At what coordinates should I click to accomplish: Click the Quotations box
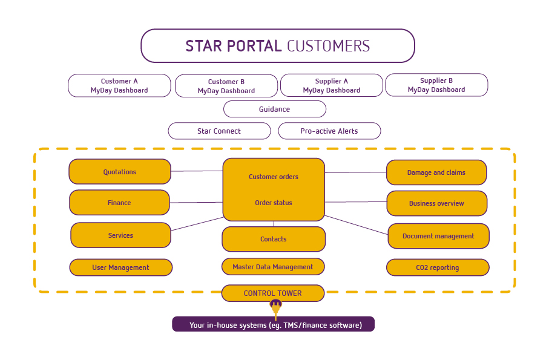pos(120,171)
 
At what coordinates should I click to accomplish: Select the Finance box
pos(119,203)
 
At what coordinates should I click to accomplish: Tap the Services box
pos(121,235)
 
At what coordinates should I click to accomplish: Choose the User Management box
pos(121,267)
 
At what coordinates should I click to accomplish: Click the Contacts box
pos(274,239)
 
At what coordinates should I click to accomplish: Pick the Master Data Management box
pos(273,267)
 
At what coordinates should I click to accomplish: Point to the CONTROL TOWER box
pos(273,293)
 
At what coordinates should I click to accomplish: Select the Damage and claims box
pos(436,172)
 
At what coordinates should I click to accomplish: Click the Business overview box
pos(436,203)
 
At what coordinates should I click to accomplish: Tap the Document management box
pos(438,236)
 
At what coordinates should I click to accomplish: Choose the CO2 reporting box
pos(438,267)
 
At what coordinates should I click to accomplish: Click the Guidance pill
pos(275,109)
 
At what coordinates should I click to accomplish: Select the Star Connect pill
pos(219,131)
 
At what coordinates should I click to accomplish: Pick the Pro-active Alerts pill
pos(329,131)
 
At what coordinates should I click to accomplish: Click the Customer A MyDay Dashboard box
pos(119,85)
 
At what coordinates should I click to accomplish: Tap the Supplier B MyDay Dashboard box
pos(436,85)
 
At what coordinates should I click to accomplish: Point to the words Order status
pos(274,203)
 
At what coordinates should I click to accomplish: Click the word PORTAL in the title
pos(254,46)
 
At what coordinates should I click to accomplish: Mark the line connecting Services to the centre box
pos(197,224)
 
